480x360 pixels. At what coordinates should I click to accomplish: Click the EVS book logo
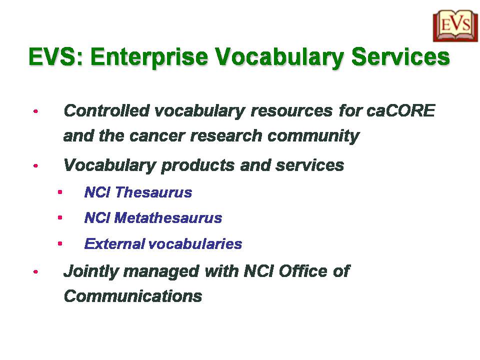pyautogui.click(x=455, y=26)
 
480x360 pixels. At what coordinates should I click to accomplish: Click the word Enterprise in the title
pyautogui.click(x=149, y=57)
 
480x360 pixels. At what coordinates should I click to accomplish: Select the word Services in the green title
pyautogui.click(x=400, y=56)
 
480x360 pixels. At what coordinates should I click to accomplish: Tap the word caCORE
pyautogui.click(x=401, y=110)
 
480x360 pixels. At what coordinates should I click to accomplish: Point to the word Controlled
pyautogui.click(x=106, y=110)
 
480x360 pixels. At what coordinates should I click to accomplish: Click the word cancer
pyautogui.click(x=157, y=136)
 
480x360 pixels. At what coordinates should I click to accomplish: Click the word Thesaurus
pyautogui.click(x=153, y=192)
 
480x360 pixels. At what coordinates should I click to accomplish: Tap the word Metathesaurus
pyautogui.click(x=168, y=218)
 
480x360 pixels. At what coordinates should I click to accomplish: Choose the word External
pyautogui.click(x=114, y=244)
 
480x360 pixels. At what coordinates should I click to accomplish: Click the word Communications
pyautogui.click(x=133, y=296)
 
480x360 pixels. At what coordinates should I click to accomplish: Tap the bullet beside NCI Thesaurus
pyautogui.click(x=60, y=192)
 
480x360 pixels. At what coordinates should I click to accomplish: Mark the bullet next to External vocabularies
pyautogui.click(x=60, y=243)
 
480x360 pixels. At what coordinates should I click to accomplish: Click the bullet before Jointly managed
pyautogui.click(x=36, y=271)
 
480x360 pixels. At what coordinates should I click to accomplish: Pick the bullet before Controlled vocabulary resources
pyautogui.click(x=36, y=111)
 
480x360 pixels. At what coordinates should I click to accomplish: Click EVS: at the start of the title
pyautogui.click(x=56, y=56)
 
